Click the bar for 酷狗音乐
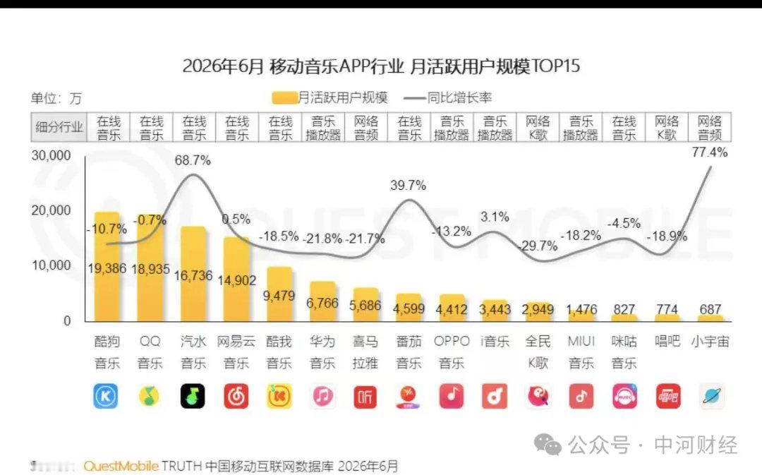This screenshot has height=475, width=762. point(107,266)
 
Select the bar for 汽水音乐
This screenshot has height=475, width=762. point(193,274)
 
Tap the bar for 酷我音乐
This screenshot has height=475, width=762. point(279,294)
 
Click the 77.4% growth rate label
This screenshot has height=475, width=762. point(710,152)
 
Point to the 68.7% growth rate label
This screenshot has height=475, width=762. point(193,160)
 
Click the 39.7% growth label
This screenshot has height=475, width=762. point(409,185)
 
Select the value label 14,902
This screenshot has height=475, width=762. point(236,280)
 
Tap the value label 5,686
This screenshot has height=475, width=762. point(365,306)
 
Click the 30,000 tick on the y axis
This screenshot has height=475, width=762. point(51,155)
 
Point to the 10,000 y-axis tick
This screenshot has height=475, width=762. point(51,265)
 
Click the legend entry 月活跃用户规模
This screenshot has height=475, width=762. point(330,97)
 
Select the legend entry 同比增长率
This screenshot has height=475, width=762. point(448,97)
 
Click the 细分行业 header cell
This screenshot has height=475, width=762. point(59,127)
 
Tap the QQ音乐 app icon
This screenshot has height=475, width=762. point(150,396)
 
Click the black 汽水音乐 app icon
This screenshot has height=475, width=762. point(193,396)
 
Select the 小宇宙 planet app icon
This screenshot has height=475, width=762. point(711,396)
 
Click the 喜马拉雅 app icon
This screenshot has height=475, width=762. point(365,396)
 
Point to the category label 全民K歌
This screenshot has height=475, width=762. point(538,352)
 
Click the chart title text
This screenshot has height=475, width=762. point(382,66)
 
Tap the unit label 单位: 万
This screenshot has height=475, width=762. point(56,98)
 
